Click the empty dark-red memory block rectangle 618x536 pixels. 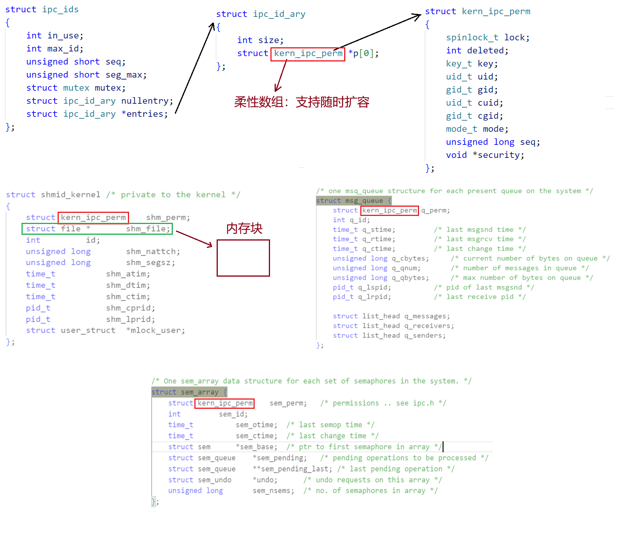(243, 258)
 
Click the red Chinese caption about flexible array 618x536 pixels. (302, 102)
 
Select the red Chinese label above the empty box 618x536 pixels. (244, 229)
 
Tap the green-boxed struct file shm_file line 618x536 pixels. (97, 229)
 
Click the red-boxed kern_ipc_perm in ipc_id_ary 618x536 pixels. (308, 54)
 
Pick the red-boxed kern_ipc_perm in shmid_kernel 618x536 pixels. (93, 217)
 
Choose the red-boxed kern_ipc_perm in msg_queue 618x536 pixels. (389, 211)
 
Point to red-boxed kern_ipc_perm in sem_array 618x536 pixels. (225, 403)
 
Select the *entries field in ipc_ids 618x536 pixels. (145, 114)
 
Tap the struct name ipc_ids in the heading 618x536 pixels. (60, 10)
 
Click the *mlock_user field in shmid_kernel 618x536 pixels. (155, 331)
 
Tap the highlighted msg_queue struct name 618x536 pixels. (364, 201)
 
